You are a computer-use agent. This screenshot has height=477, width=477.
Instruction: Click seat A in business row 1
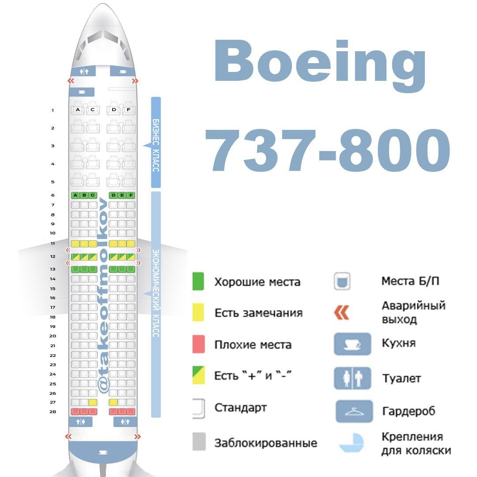[x=78, y=109]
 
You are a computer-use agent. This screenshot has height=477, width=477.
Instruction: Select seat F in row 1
[x=129, y=109]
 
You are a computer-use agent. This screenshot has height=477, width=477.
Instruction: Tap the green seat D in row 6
[x=114, y=195]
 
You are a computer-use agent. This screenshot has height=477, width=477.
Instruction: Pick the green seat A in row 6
[x=76, y=195]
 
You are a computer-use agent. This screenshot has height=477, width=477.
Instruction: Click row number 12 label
[x=53, y=257]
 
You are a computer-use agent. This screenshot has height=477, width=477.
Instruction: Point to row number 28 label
[x=53, y=412]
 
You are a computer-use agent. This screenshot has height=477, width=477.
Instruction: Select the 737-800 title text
[x=327, y=150]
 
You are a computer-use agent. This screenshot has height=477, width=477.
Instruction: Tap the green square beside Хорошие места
[x=198, y=281]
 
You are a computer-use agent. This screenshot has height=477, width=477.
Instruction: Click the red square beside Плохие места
[x=198, y=344]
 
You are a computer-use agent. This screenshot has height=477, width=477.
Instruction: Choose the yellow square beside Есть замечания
[x=198, y=312]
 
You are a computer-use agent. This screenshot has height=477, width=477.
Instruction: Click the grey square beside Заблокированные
[x=199, y=441]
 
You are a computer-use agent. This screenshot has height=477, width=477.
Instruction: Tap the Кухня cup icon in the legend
[x=352, y=344]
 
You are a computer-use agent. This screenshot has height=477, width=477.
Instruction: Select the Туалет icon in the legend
[x=352, y=378]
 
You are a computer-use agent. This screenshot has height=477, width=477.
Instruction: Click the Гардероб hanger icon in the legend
[x=354, y=411]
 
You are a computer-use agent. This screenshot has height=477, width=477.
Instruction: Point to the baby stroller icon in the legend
[x=352, y=443]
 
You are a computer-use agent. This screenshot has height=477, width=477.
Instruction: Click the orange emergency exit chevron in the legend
[x=341, y=312]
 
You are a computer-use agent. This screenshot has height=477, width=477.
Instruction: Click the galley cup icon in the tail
[x=103, y=452]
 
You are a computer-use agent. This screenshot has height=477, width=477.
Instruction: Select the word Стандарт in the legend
[x=241, y=408]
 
